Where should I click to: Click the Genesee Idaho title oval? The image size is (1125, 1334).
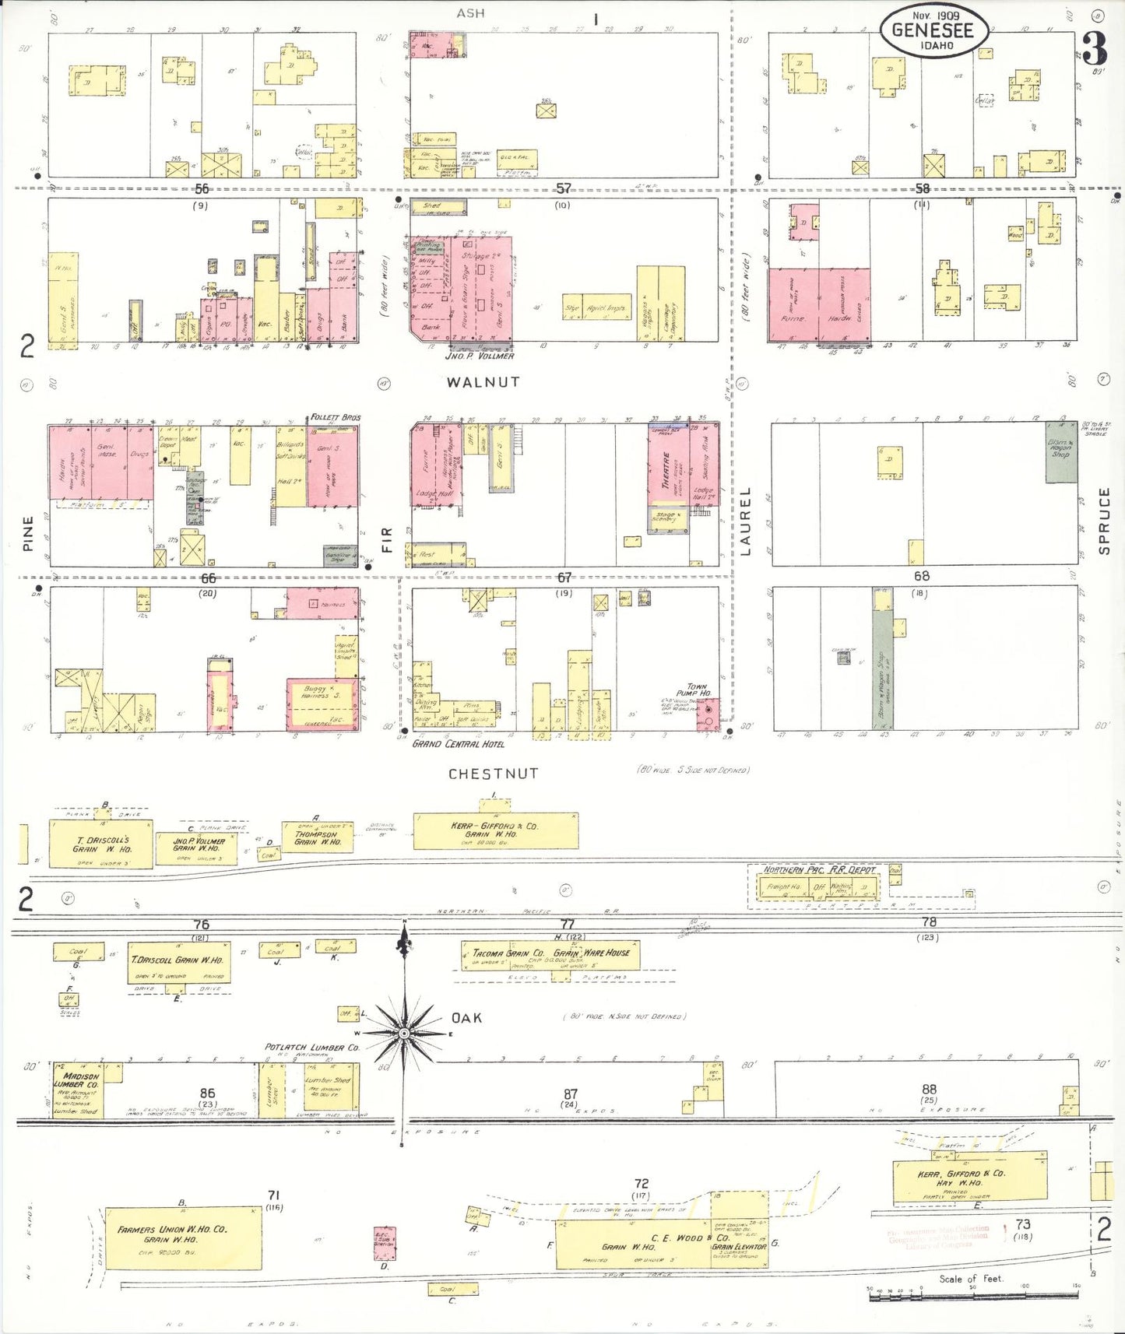(933, 31)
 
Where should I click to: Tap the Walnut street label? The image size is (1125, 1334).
(483, 382)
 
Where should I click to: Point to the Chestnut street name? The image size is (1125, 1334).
(493, 774)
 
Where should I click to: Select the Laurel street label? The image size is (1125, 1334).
(745, 521)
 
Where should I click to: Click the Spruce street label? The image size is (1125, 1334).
(1103, 521)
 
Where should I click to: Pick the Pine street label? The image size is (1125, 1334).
(28, 533)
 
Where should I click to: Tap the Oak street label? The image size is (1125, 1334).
(466, 1018)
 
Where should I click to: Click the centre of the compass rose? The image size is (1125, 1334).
(404, 1033)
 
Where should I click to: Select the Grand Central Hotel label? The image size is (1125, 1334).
(458, 744)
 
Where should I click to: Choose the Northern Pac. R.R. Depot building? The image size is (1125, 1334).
(817, 886)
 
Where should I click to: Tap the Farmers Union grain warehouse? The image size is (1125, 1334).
(183, 1237)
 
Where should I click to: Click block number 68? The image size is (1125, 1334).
(922, 576)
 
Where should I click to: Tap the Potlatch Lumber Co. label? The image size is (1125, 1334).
(311, 1048)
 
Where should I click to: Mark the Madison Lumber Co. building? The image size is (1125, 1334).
(78, 1090)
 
